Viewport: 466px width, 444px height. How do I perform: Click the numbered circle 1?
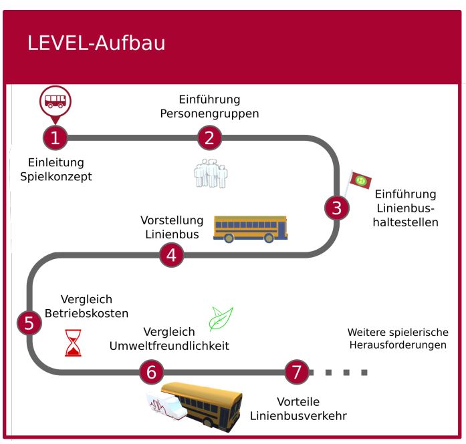[55, 138]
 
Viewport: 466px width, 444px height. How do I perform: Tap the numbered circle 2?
[209, 138]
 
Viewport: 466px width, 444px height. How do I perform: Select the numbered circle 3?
[336, 208]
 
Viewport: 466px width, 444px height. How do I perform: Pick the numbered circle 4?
[171, 254]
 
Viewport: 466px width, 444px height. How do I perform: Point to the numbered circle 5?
[29, 323]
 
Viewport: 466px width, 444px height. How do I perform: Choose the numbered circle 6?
[151, 372]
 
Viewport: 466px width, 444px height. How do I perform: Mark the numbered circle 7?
[297, 372]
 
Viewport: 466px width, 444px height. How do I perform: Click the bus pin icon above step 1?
[55, 102]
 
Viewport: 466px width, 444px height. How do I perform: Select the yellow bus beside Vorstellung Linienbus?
[250, 228]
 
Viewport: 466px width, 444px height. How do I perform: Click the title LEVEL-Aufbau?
[96, 44]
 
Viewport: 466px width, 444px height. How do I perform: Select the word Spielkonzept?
[60, 177]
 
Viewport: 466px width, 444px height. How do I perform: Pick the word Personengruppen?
[209, 114]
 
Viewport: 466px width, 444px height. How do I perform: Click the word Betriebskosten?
[86, 313]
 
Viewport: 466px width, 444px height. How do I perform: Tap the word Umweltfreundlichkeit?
[170, 346]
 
